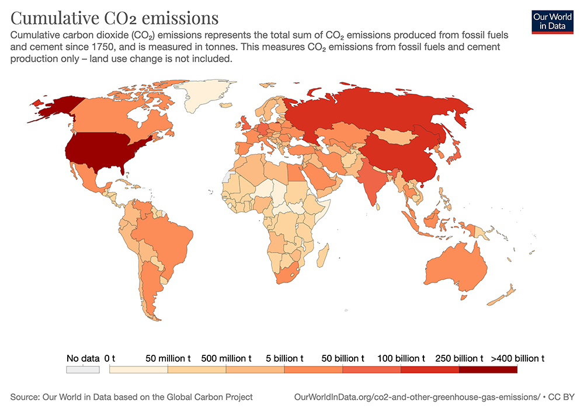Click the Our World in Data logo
[552, 20]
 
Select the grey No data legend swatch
[83, 369]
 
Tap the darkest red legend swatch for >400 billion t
[488, 369]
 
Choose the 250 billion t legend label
[460, 358]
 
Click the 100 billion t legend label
[401, 358]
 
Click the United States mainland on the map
[105, 149]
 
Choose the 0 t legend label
[110, 358]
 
